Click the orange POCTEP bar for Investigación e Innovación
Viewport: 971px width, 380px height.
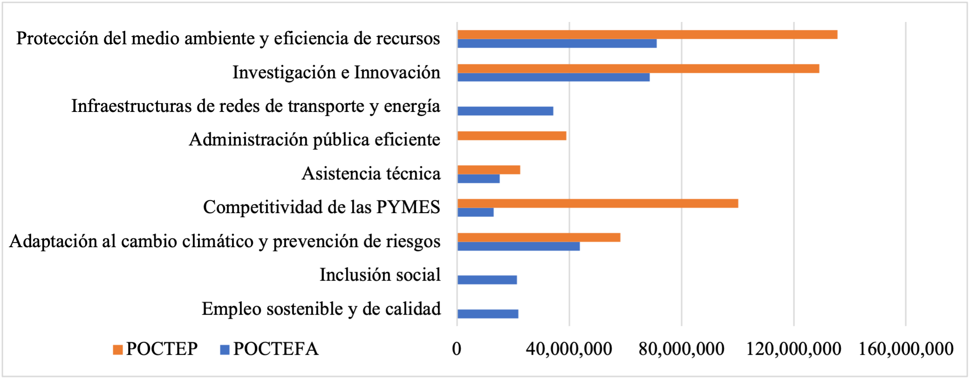(x=638, y=69)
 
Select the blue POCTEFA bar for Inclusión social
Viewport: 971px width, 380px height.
(x=487, y=280)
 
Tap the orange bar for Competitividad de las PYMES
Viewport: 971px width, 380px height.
(x=598, y=203)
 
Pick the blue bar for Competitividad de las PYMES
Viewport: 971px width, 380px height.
(x=475, y=212)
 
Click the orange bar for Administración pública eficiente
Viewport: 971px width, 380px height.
(x=512, y=136)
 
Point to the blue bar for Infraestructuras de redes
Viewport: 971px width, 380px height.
(x=505, y=111)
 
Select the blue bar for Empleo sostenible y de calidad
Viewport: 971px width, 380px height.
(x=488, y=314)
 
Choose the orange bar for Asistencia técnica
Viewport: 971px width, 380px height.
(x=489, y=170)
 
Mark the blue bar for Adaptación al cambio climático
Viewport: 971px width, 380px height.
(x=518, y=246)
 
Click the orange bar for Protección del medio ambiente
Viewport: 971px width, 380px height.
(x=647, y=35)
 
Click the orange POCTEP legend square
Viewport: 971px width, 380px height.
(x=118, y=350)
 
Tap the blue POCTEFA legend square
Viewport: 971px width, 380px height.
(x=225, y=350)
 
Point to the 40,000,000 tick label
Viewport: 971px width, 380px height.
(x=569, y=349)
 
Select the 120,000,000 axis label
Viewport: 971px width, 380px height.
(x=794, y=349)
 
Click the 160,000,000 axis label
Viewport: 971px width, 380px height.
(x=906, y=349)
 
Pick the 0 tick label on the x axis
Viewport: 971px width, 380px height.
(x=457, y=349)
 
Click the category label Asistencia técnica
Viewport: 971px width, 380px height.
(x=371, y=173)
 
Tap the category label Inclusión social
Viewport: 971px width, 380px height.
(x=380, y=275)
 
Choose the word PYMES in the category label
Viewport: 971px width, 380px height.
(x=408, y=207)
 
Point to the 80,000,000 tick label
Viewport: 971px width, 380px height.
(x=681, y=349)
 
